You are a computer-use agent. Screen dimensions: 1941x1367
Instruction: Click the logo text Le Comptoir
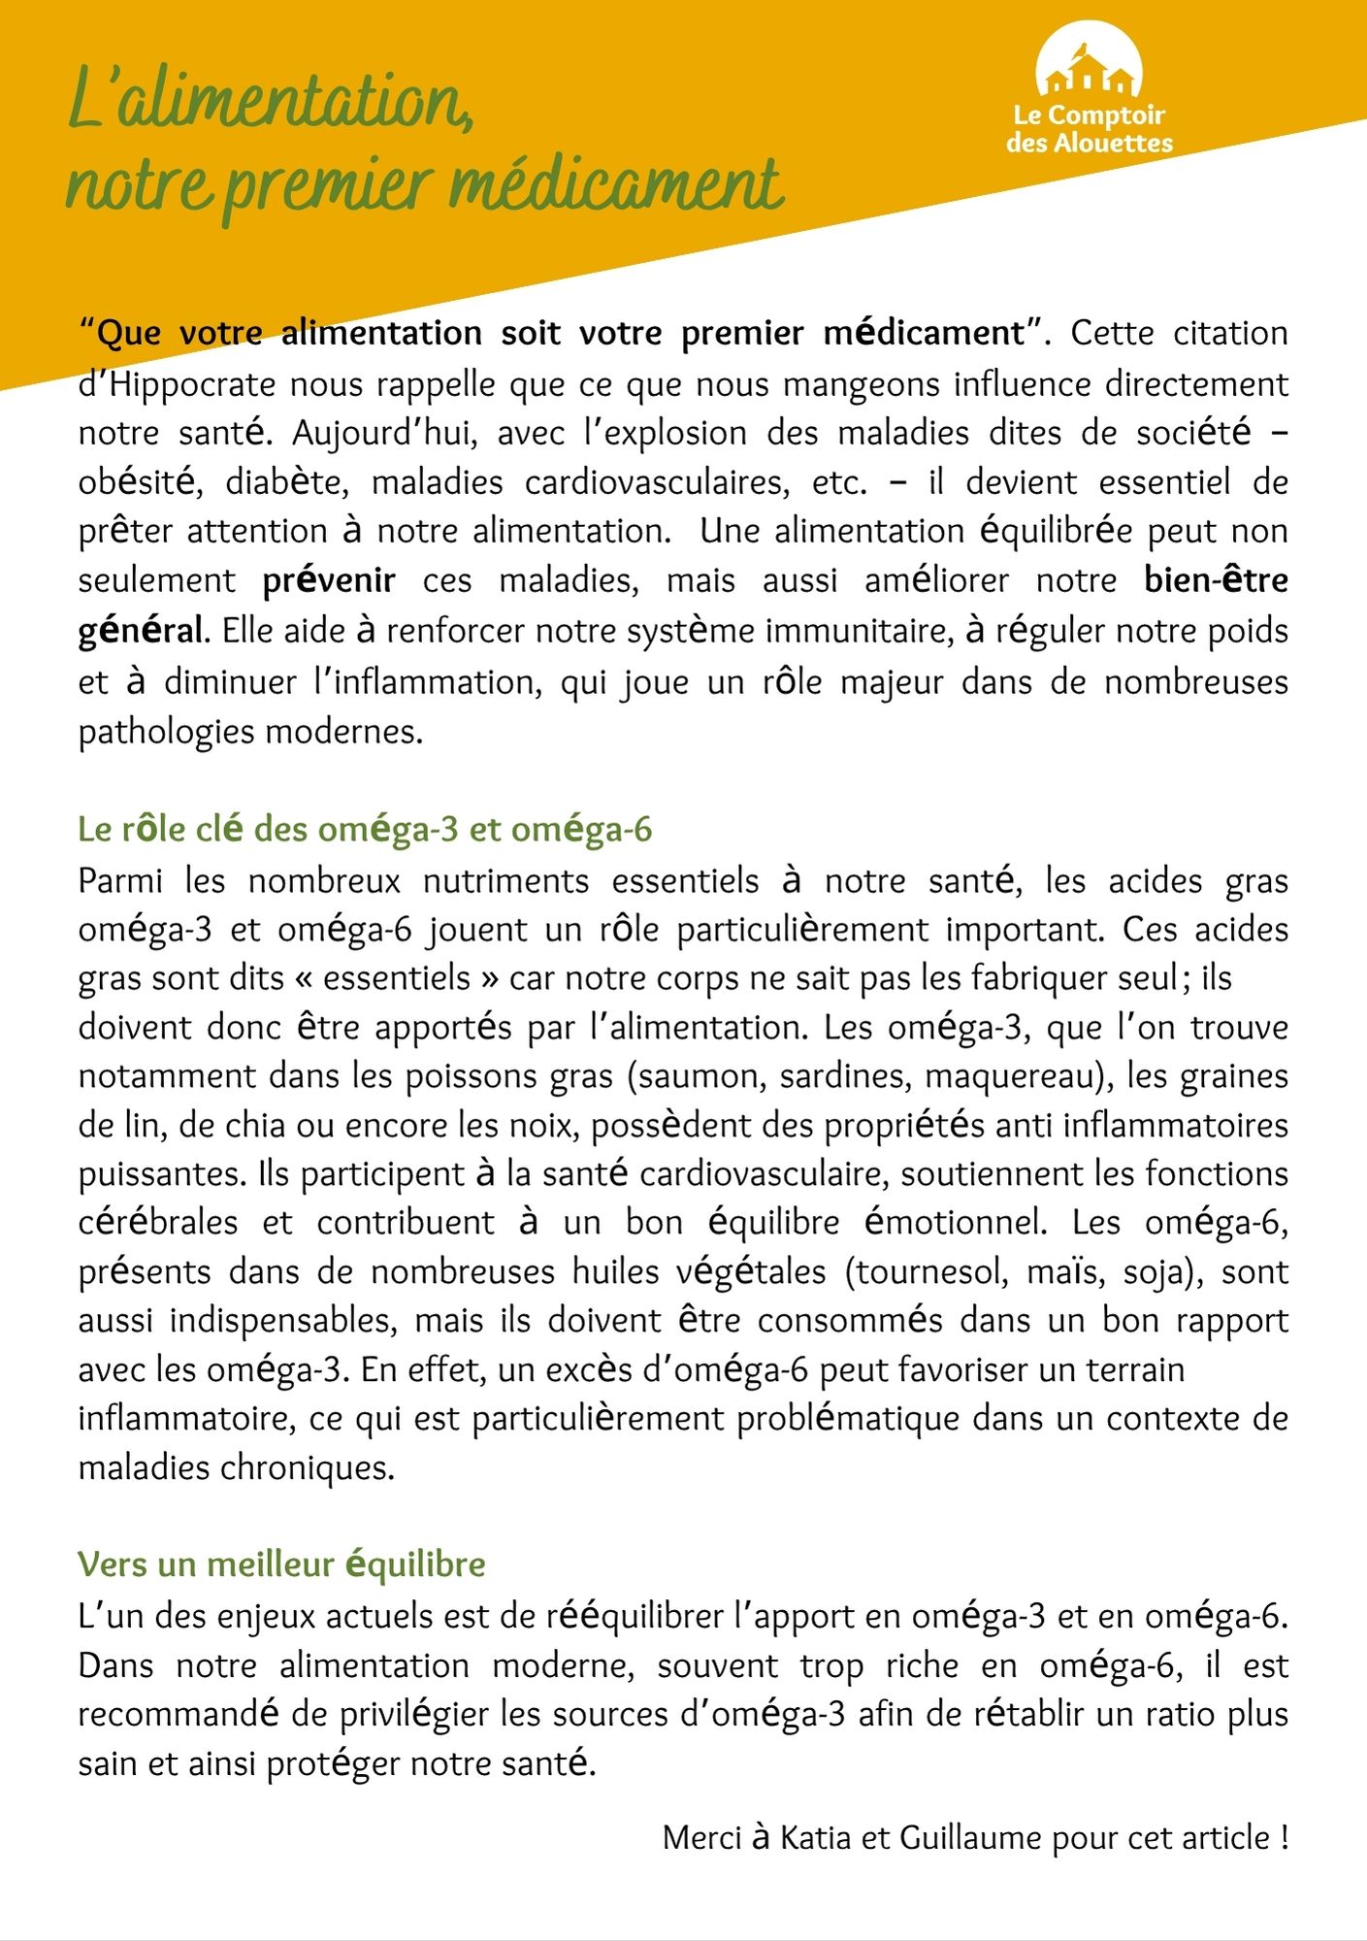click(1089, 115)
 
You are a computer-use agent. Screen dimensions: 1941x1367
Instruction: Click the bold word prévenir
click(329, 580)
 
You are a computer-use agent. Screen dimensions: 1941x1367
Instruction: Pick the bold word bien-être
click(1216, 580)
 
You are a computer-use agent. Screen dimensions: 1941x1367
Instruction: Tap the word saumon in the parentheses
click(699, 1076)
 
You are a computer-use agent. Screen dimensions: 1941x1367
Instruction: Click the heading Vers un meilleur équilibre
click(281, 1564)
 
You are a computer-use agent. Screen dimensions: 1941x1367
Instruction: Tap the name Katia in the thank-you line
click(815, 1838)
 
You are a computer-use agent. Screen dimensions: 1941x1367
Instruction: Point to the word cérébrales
click(158, 1223)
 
